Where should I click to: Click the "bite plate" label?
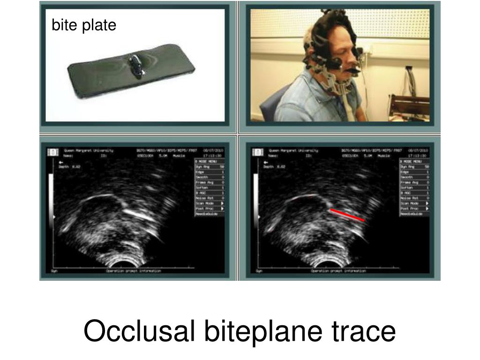(x=83, y=25)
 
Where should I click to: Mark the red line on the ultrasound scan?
(x=347, y=215)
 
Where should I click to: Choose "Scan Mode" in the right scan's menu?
(x=411, y=203)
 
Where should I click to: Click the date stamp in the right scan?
(x=419, y=151)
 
